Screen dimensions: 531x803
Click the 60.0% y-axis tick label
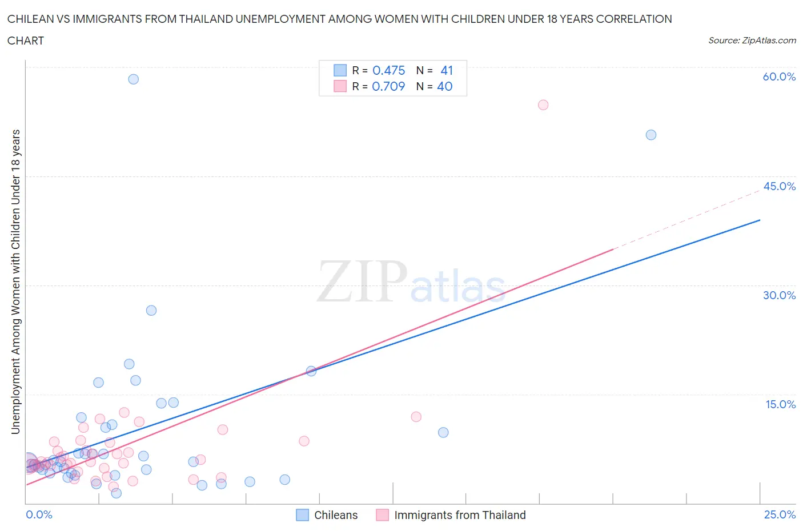click(778, 77)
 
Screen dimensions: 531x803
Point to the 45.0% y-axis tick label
click(779, 186)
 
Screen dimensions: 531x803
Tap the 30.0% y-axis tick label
click(779, 295)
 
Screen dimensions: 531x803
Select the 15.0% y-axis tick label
click(780, 404)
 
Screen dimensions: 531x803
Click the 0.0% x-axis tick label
click(39, 514)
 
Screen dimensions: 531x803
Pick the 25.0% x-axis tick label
click(780, 514)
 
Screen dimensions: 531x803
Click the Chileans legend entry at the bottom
click(335, 515)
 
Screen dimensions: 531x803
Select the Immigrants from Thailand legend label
click(459, 515)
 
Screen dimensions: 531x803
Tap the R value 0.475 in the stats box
click(388, 70)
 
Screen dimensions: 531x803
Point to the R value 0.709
click(388, 86)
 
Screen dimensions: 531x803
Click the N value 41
click(447, 70)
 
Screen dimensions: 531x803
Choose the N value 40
click(444, 86)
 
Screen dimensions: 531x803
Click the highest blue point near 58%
click(133, 79)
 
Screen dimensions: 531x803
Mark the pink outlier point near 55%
click(543, 105)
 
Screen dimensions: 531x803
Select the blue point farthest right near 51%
click(651, 135)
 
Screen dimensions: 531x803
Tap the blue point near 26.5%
click(151, 311)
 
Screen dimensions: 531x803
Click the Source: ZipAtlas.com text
click(752, 41)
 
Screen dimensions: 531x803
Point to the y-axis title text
click(15, 281)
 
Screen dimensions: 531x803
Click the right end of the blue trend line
click(760, 220)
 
